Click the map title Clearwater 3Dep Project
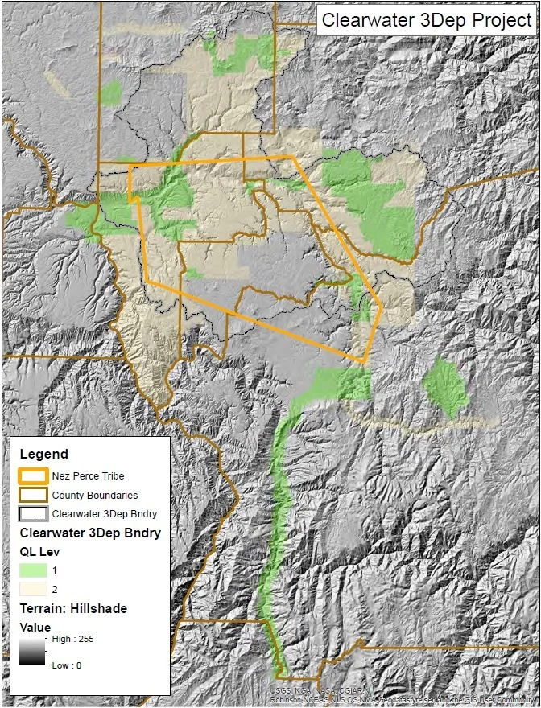(426, 20)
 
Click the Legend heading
(43, 455)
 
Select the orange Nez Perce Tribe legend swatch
(34, 476)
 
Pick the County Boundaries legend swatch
(34, 495)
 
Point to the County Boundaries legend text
(94, 496)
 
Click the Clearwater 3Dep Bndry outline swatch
(34, 513)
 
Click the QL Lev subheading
(40, 551)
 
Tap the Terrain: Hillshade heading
(73, 609)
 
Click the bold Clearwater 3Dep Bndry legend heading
(90, 533)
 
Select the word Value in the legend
(35, 627)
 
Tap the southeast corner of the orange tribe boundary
(366, 361)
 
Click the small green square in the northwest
(110, 92)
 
